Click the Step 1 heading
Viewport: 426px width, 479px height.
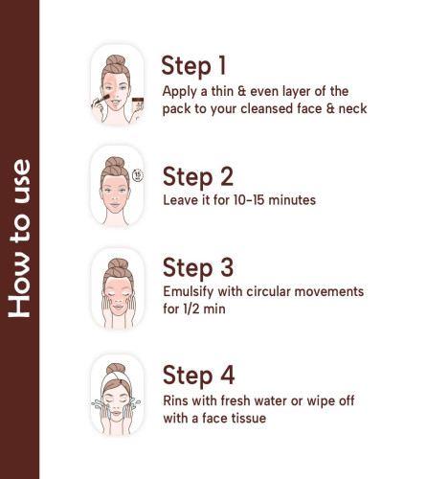(x=193, y=66)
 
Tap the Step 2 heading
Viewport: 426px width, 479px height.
(x=198, y=176)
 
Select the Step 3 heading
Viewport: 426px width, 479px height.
(x=198, y=267)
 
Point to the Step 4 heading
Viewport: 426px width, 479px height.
(x=198, y=376)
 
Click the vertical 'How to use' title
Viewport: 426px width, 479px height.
(x=19, y=239)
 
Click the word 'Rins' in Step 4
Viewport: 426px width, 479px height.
(x=175, y=400)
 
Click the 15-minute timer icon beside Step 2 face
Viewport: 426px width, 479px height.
(x=138, y=174)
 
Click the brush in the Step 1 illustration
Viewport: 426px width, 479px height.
(x=101, y=101)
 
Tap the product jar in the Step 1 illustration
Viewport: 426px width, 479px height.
(x=138, y=105)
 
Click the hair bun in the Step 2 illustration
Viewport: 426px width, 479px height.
(x=115, y=162)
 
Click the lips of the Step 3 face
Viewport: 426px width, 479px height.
(x=118, y=308)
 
